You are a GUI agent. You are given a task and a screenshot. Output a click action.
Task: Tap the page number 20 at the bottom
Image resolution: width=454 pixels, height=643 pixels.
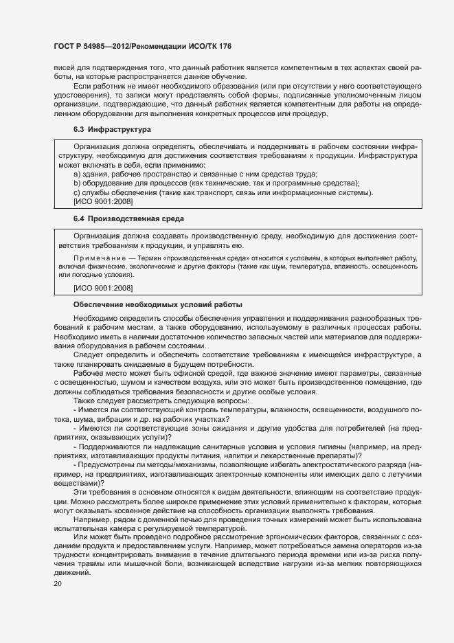pos(58,583)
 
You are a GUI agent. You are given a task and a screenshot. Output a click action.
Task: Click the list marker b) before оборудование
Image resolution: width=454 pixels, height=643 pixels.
pos(77,183)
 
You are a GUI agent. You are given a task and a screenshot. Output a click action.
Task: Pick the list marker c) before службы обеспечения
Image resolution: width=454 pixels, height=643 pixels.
pos(77,192)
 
